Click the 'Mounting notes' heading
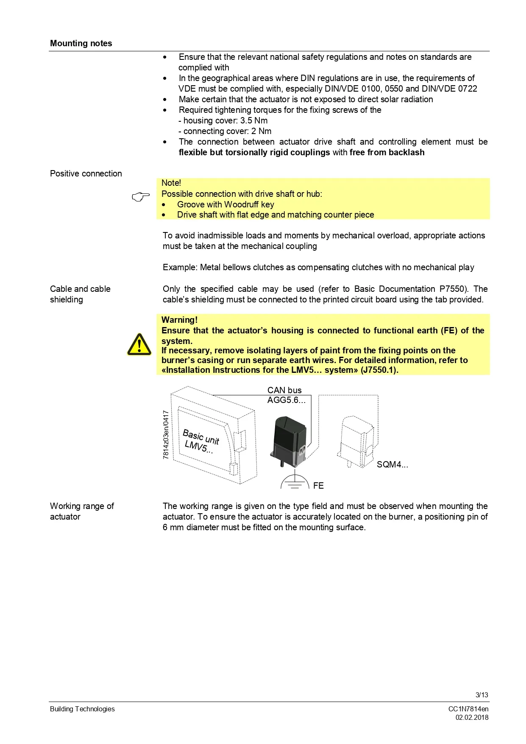pyautogui.click(x=81, y=43)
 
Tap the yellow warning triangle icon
pyautogui.click(x=139, y=344)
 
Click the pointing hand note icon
pyautogui.click(x=141, y=196)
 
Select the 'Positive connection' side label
pyautogui.click(x=86, y=173)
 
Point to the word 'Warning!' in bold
pyautogui.click(x=179, y=320)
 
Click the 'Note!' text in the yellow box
pyautogui.click(x=171, y=183)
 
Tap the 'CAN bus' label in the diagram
pyautogui.click(x=284, y=390)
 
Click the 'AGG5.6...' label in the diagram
pyautogui.click(x=286, y=400)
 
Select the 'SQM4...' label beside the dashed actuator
pyautogui.click(x=392, y=464)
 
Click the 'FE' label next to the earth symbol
pyautogui.click(x=318, y=486)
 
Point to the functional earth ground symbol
pyautogui.click(x=295, y=482)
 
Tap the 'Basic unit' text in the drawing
pyautogui.click(x=201, y=437)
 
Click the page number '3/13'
pyautogui.click(x=481, y=695)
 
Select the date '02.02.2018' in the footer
pyautogui.click(x=472, y=717)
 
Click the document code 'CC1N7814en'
pyautogui.click(x=468, y=709)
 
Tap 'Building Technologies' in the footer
pyautogui.click(x=82, y=709)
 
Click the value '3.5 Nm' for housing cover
pyautogui.click(x=254, y=120)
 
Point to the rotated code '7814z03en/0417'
pyautogui.click(x=166, y=434)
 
